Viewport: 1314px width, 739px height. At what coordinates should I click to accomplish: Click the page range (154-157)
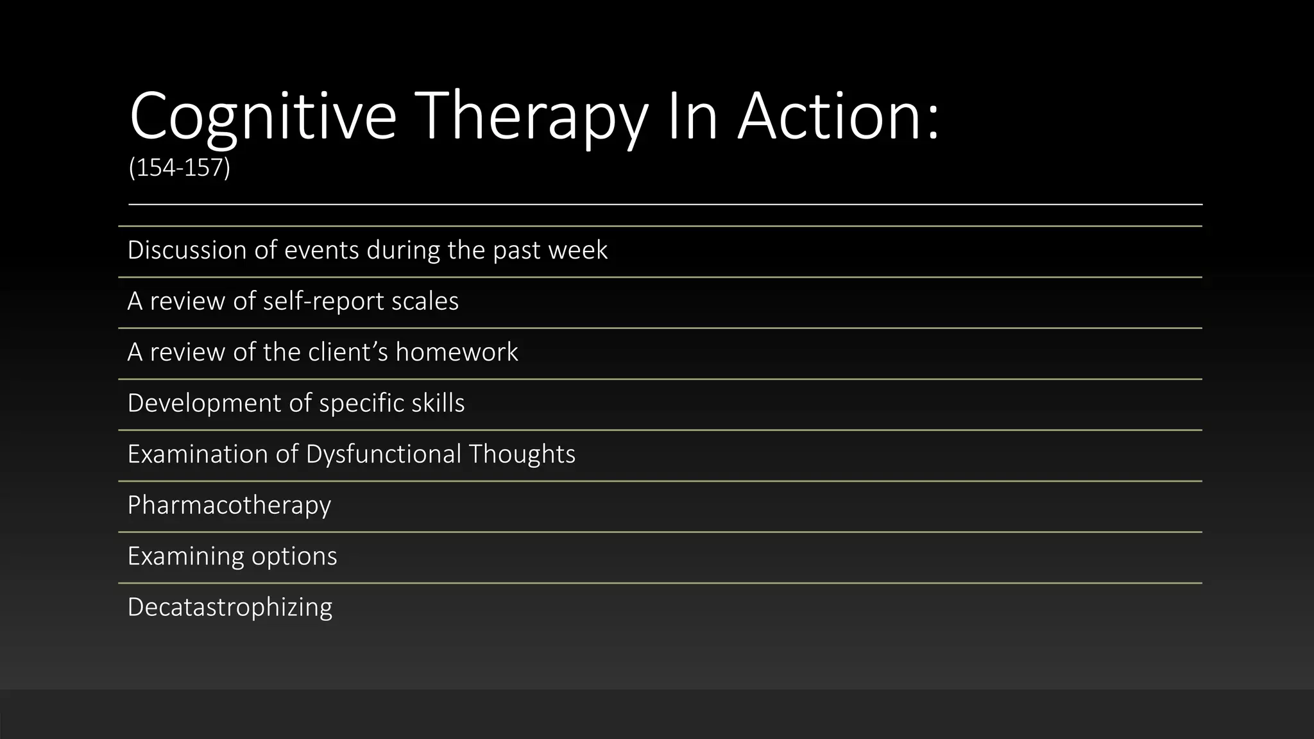tap(179, 168)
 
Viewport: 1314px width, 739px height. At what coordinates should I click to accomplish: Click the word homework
tap(457, 352)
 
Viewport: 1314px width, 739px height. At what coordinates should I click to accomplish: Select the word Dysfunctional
tap(383, 454)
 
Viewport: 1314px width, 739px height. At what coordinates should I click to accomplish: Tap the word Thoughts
tap(522, 454)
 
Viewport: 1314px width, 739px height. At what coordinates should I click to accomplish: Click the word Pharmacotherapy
tap(229, 505)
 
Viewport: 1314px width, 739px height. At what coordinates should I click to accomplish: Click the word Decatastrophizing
tap(230, 607)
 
